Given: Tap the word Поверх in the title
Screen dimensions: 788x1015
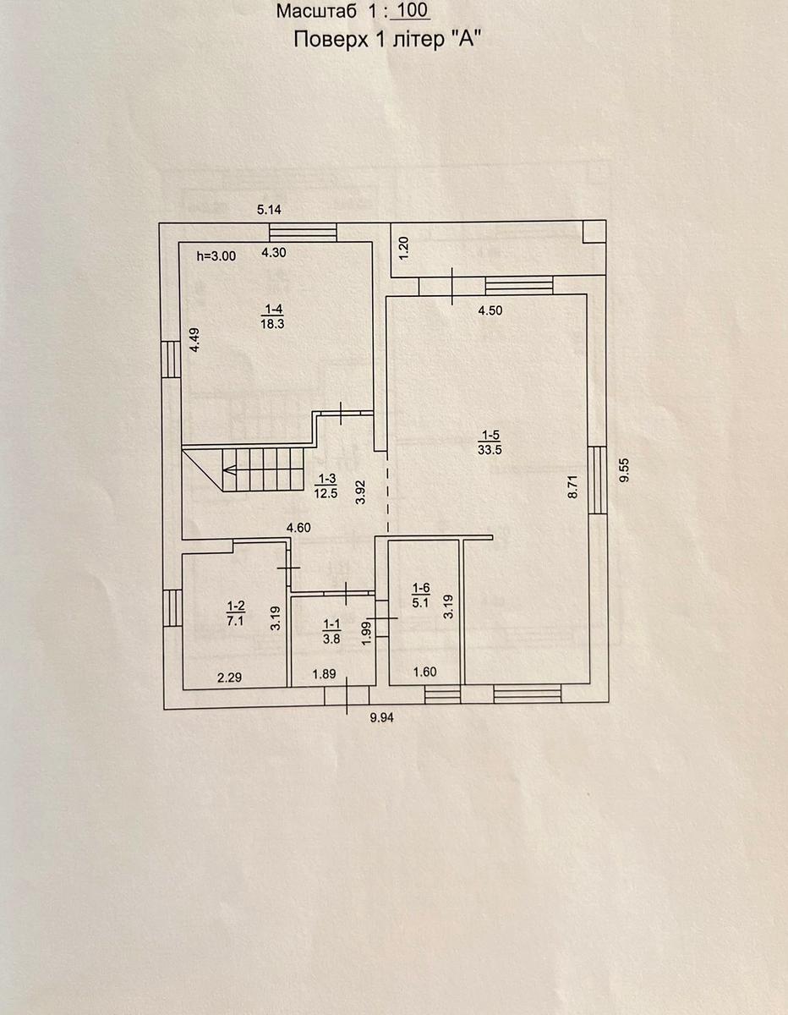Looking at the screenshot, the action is [x=331, y=40].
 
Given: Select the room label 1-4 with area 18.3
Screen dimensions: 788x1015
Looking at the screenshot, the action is [x=272, y=316].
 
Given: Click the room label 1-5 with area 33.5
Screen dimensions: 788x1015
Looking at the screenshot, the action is [x=490, y=442].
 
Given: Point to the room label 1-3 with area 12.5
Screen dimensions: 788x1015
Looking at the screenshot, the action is [x=326, y=486].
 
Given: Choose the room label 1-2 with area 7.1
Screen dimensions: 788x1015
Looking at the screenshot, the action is [x=235, y=613].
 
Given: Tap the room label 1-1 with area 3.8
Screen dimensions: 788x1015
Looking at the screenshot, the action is [x=331, y=631].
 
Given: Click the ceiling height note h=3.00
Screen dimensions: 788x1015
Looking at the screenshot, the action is [x=216, y=256].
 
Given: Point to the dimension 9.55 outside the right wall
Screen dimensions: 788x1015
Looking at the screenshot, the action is [x=625, y=470].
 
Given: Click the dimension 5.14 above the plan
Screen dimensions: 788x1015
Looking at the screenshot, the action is [x=270, y=210].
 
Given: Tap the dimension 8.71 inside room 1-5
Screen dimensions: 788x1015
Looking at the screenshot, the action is [x=573, y=486].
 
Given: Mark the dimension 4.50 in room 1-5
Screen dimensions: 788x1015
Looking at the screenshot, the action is [x=490, y=310].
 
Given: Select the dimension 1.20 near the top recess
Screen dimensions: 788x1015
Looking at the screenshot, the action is [x=404, y=249].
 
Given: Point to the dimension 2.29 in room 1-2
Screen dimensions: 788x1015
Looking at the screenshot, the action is [x=230, y=677].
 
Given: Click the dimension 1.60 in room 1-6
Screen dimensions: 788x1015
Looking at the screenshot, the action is [x=424, y=672].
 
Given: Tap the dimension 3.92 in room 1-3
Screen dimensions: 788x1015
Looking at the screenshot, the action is [x=360, y=493].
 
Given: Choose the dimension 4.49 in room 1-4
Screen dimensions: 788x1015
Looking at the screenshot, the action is [x=195, y=340].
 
